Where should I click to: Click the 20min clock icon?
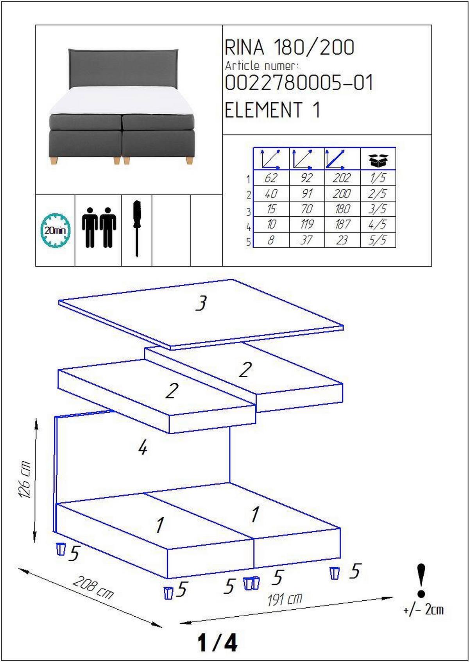pos(55,230)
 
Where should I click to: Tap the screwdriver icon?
pos(137,228)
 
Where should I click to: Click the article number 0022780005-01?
pos(299,82)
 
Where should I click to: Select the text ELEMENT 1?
pos(272,110)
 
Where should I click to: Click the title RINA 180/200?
pos(289,47)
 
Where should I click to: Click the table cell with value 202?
pos(342,178)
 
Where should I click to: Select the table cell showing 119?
pos(307,224)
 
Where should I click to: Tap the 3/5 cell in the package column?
pos(378,209)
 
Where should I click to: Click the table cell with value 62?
pos(271,178)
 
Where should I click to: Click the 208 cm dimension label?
pos(93,587)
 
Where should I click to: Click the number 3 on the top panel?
pos(201,303)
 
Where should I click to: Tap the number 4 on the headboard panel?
pos(143,448)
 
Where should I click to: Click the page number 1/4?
pos(217,642)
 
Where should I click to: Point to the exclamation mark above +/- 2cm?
pos(421,580)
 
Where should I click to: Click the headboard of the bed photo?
pos(123,68)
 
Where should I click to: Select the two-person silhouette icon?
pos(99,227)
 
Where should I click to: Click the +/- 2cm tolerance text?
pos(423,609)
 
